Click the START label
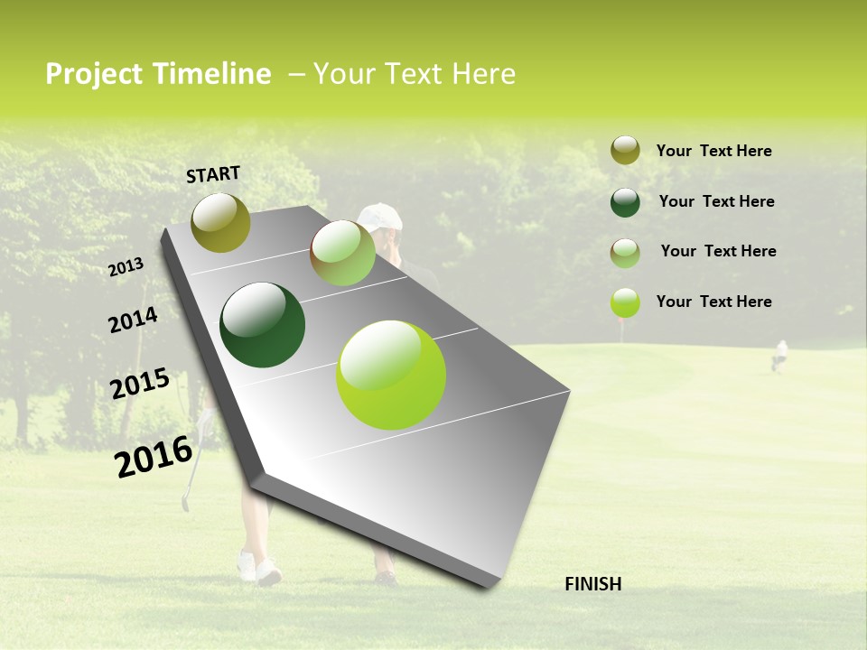coord(213,174)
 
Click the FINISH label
coord(592,584)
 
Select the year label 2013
coord(126,267)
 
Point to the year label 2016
coord(154,457)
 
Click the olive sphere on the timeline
coord(220,223)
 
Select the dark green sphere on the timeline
coord(262,325)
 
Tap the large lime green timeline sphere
coord(390,375)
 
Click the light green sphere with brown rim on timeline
coord(342,253)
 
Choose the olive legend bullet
coord(625,150)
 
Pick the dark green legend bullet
coord(625,201)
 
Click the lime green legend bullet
coord(625,302)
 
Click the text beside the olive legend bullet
coord(713,151)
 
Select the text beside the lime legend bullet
coord(713,302)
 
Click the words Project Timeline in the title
coord(158,74)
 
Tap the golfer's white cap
coord(381,216)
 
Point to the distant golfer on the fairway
coord(779,355)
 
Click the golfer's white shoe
coord(268,571)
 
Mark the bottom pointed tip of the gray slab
coord(489,587)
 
